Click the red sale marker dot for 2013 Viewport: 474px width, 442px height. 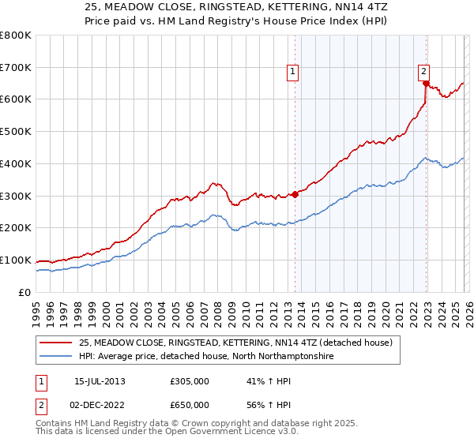[x=295, y=193]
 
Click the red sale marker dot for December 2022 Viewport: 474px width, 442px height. [x=426, y=82]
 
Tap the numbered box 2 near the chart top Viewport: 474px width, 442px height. [x=423, y=69]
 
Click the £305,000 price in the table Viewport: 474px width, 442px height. [x=189, y=380]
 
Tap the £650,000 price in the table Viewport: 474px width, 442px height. [x=189, y=404]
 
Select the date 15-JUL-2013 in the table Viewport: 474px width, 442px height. [x=100, y=380]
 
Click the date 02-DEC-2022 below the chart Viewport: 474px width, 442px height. [x=100, y=404]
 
